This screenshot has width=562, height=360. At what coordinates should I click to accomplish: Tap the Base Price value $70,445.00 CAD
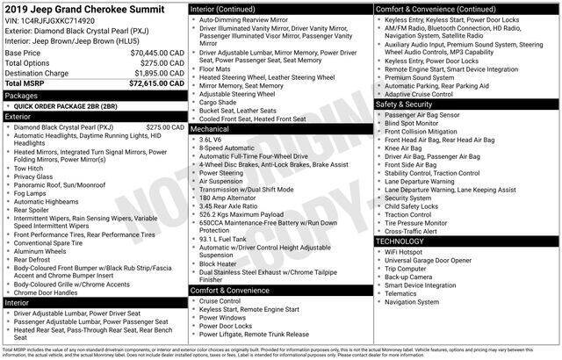155,54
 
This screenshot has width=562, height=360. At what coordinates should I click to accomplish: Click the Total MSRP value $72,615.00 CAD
155,84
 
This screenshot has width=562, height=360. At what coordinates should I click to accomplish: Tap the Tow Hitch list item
30,167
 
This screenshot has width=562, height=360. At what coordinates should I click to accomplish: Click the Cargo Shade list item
219,102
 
